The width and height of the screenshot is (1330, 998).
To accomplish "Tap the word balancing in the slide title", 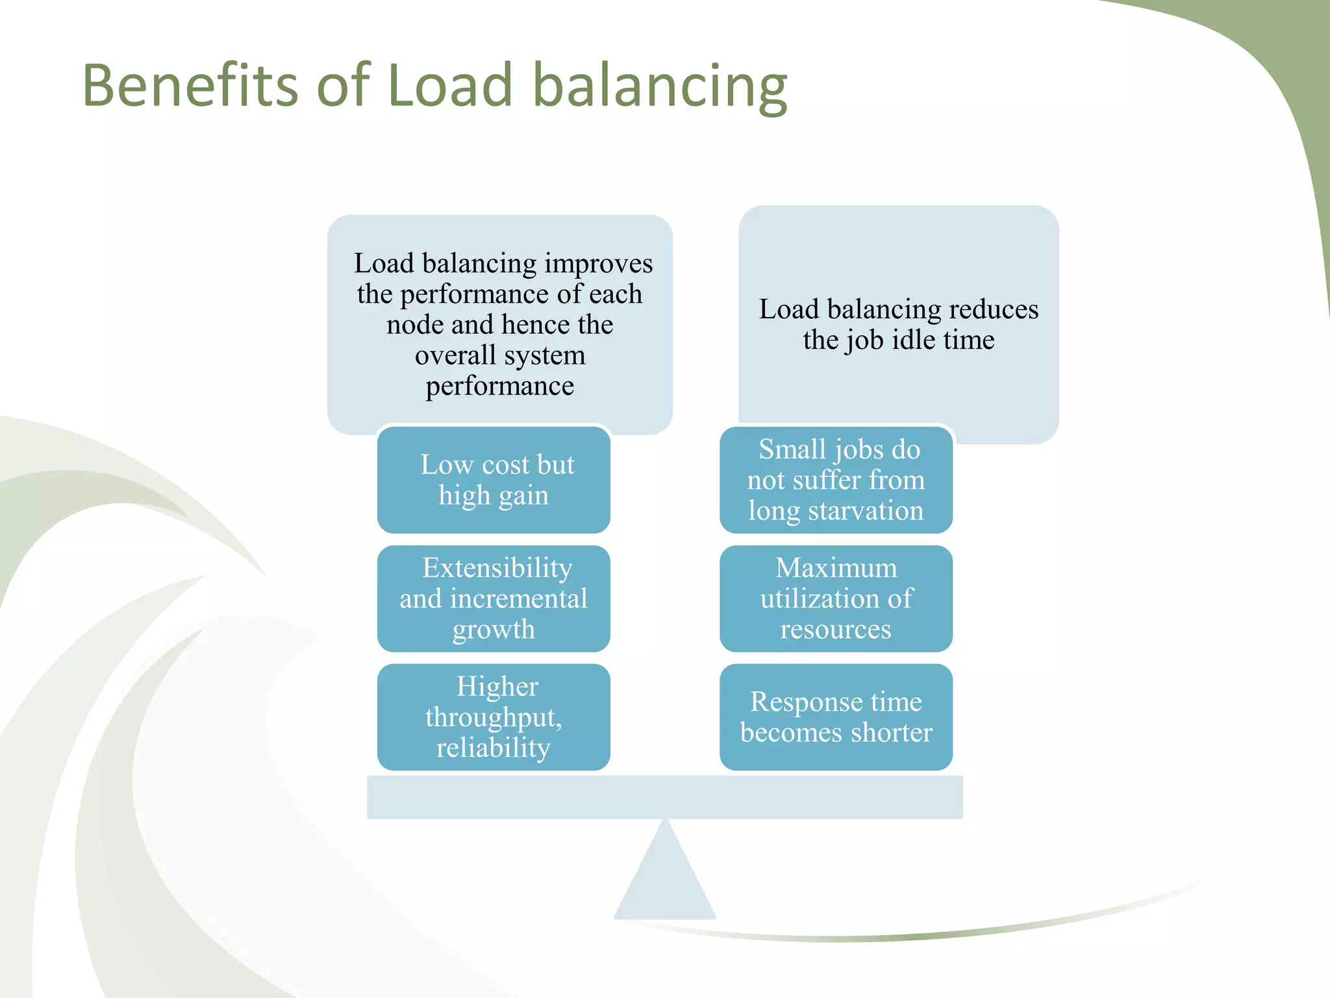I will coord(660,86).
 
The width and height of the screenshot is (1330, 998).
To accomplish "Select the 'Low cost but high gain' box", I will coord(494,480).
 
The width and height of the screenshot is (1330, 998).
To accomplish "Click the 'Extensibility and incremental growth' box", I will coord(494,598).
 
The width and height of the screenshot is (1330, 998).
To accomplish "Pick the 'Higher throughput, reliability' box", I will coord(494,717).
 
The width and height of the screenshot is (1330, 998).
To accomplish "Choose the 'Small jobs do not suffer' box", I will coord(836,480).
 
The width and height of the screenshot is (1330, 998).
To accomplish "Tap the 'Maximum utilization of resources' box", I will coord(836,598).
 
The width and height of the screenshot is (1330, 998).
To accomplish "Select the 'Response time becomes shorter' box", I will coord(836,717).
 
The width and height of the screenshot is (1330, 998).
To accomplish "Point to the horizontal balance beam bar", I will coord(665,797).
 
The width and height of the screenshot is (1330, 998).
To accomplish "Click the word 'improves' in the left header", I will coord(599,264).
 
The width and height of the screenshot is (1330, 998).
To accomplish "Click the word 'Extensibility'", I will coord(497,568).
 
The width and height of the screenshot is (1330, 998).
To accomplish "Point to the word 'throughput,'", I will coord(494,718).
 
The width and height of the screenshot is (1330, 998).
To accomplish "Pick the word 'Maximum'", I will coord(836,568).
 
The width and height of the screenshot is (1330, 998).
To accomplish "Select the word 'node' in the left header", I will coord(411,325).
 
